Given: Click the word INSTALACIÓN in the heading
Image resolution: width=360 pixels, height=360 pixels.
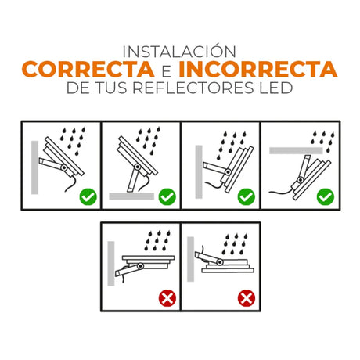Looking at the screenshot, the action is pyautogui.click(x=179, y=51).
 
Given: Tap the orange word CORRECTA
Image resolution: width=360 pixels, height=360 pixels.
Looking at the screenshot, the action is pyautogui.click(x=88, y=69).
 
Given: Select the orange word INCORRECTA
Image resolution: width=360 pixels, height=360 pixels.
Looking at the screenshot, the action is pyautogui.click(x=258, y=69).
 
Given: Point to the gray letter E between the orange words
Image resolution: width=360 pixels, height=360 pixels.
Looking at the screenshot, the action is pyautogui.click(x=167, y=71).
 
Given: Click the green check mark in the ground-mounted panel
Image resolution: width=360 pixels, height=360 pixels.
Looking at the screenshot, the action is pyautogui.click(x=167, y=196).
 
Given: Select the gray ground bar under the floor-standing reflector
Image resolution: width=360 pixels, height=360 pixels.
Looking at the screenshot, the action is pyautogui.click(x=131, y=196).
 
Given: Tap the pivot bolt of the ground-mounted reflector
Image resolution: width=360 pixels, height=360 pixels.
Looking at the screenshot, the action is pyautogui.click(x=138, y=167).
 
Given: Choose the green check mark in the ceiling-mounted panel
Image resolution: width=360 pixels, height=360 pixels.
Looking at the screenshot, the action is pyautogui.click(x=326, y=196).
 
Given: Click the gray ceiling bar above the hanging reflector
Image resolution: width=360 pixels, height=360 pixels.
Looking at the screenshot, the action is pyautogui.click(x=296, y=150).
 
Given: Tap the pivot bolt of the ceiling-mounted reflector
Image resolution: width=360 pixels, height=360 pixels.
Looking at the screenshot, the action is pyautogui.click(x=301, y=179).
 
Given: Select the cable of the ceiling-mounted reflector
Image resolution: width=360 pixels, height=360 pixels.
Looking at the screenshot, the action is pyautogui.click(x=281, y=193).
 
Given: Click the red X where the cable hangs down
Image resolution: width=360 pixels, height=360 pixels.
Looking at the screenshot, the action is pyautogui.click(x=167, y=298).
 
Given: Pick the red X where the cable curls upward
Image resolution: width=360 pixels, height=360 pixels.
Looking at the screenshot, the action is pyautogui.click(x=247, y=298).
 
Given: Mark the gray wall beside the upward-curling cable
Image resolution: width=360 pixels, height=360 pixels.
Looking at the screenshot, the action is pyautogui.click(x=191, y=259).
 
